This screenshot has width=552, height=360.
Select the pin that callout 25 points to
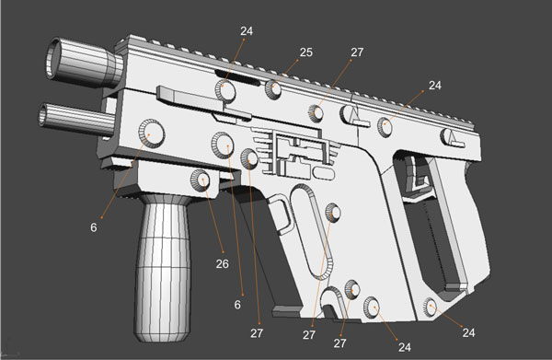click(274, 89)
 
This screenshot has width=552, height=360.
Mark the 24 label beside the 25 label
click(246, 30)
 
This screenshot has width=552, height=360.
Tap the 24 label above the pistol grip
click(436, 86)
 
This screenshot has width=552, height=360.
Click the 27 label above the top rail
click(356, 53)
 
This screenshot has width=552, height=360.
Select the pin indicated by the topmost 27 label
click(316, 112)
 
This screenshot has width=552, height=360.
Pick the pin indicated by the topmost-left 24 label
click(224, 89)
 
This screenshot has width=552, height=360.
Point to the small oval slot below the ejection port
click(322, 171)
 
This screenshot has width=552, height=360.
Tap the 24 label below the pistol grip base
click(468, 331)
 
